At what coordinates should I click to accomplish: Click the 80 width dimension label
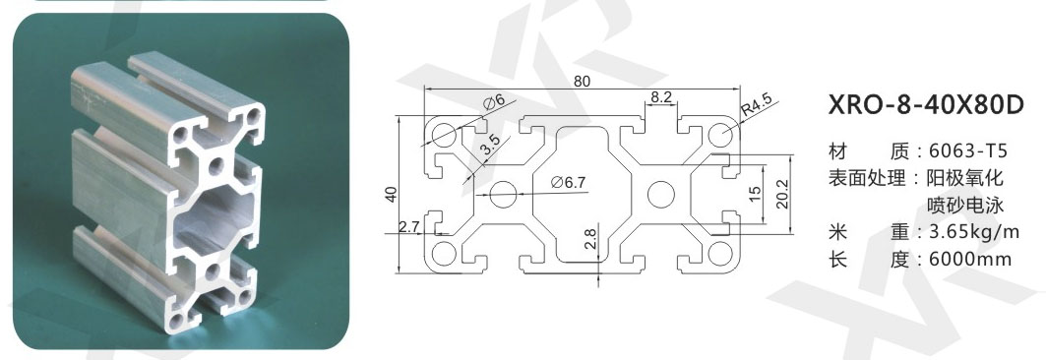[582, 82]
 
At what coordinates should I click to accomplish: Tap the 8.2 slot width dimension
[660, 96]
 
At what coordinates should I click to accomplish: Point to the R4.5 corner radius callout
[756, 106]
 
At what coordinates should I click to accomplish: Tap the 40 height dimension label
[391, 194]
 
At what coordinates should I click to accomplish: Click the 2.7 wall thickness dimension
[408, 226]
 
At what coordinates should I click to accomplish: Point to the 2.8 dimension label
[591, 239]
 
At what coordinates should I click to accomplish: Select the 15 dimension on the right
[755, 194]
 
